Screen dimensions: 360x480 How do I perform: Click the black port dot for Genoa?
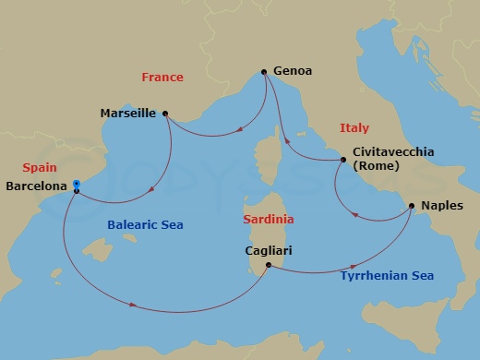click(x=264, y=72)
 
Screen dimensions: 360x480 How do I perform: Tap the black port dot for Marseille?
click(x=164, y=114)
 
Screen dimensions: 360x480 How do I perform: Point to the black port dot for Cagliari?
click(x=268, y=266)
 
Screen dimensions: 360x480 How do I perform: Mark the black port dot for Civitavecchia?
click(x=342, y=160)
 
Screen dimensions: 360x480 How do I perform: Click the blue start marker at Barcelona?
click(x=76, y=184)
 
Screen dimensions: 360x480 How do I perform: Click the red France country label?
click(x=162, y=78)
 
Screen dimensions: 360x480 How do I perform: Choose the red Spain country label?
click(x=39, y=168)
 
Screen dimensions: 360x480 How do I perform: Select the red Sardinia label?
click(x=268, y=220)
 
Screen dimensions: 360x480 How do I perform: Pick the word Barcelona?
click(x=35, y=186)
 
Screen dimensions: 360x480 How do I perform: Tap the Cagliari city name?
click(x=268, y=248)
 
